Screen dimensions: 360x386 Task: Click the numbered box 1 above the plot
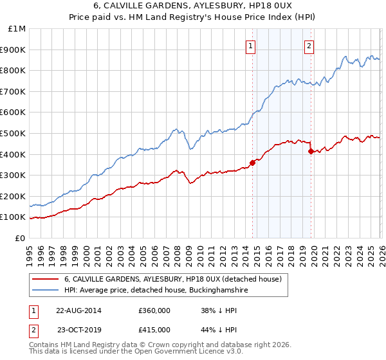pyautogui.click(x=250, y=46)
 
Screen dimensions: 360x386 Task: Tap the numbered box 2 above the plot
pyautogui.click(x=309, y=46)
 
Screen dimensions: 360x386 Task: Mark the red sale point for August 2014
pyautogui.click(x=252, y=163)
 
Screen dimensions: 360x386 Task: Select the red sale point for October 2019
pyautogui.click(x=311, y=151)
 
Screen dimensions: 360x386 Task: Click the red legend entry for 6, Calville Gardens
pyautogui.click(x=172, y=279)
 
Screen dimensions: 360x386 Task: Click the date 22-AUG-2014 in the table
pyautogui.click(x=78, y=310)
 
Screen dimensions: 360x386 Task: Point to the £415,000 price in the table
pyautogui.click(x=154, y=329)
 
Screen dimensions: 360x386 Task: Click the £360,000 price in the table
pyautogui.click(x=154, y=310)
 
